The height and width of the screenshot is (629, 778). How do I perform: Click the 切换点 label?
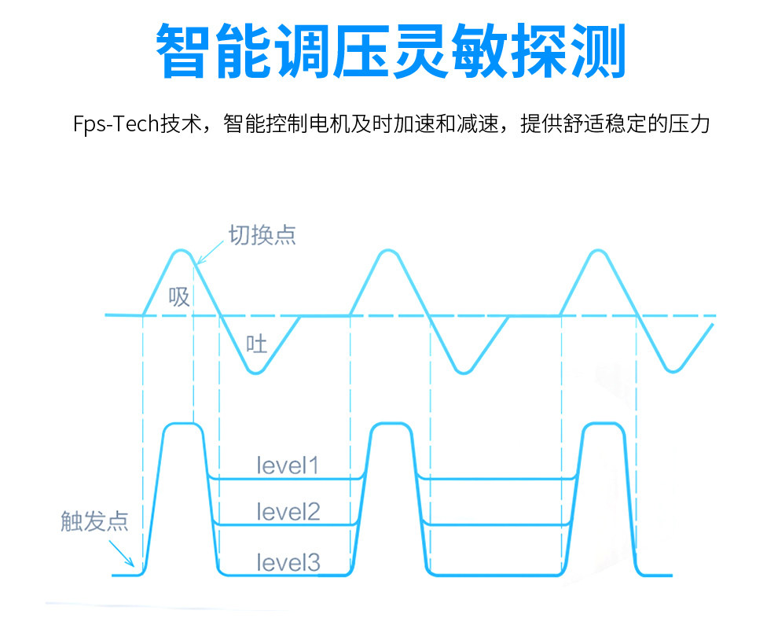tap(262, 235)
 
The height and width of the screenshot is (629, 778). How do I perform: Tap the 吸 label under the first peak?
tap(179, 296)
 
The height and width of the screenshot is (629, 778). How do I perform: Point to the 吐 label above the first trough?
tap(257, 344)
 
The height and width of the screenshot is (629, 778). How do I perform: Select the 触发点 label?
tap(94, 521)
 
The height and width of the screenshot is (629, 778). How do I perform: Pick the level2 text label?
tap(288, 513)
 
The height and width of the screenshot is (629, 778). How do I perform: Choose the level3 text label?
tap(288, 562)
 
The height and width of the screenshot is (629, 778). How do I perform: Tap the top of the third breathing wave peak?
tap(599, 251)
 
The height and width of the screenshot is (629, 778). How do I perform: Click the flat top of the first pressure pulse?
tap(182, 424)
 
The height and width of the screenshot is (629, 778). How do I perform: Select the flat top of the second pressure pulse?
tap(391, 424)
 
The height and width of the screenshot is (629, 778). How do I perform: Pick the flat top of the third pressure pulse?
tap(601, 424)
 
